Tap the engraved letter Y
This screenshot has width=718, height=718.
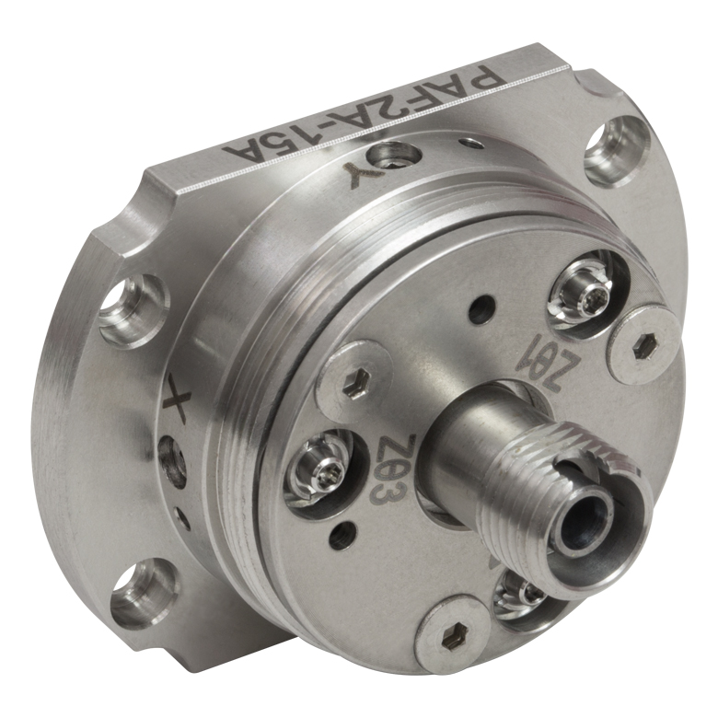point(360,176)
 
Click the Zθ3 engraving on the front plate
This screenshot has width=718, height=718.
point(386,467)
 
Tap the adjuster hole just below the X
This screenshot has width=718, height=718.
point(172,460)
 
